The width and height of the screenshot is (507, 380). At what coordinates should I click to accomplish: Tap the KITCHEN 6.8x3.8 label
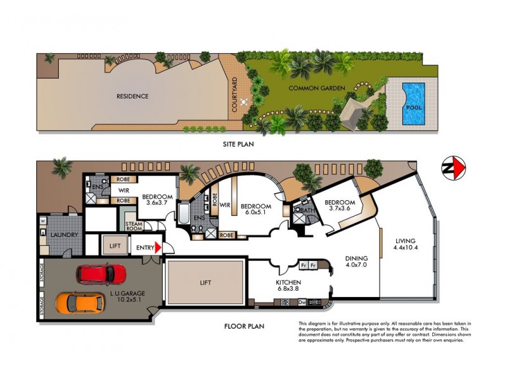coord(288,286)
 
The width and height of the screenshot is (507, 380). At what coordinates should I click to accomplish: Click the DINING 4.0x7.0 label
coord(356,262)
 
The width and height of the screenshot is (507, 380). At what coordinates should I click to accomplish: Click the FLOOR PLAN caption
coord(244,327)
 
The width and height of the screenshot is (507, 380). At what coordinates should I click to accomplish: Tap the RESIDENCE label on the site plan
coord(132,96)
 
